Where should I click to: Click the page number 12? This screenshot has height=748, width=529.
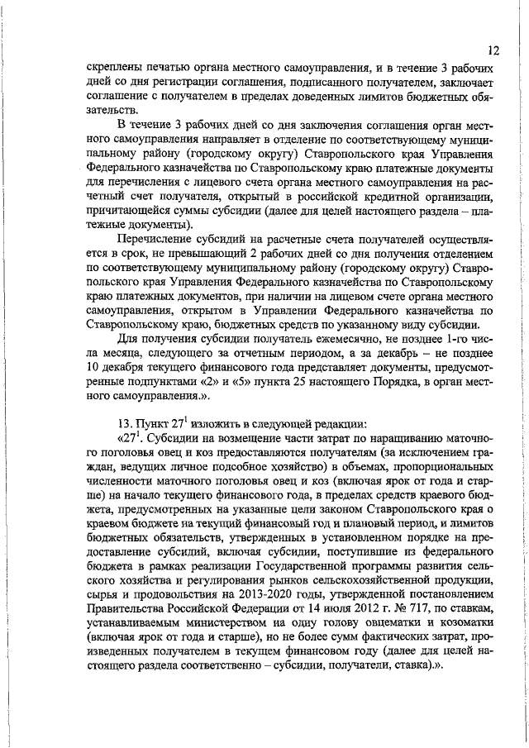coord(493,50)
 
